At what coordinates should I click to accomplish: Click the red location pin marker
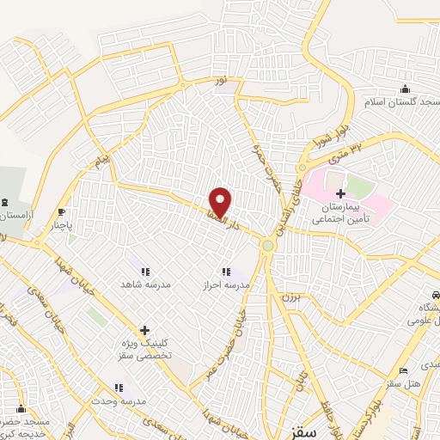pos(220,203)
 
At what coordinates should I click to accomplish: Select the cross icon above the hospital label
pos(341,193)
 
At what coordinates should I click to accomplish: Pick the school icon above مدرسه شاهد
pos(145,269)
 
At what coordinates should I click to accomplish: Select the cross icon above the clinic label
pos(144,330)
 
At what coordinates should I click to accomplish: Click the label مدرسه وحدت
pos(120,401)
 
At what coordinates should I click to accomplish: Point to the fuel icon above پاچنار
pos(61,213)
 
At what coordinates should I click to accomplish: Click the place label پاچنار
pos(61,227)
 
